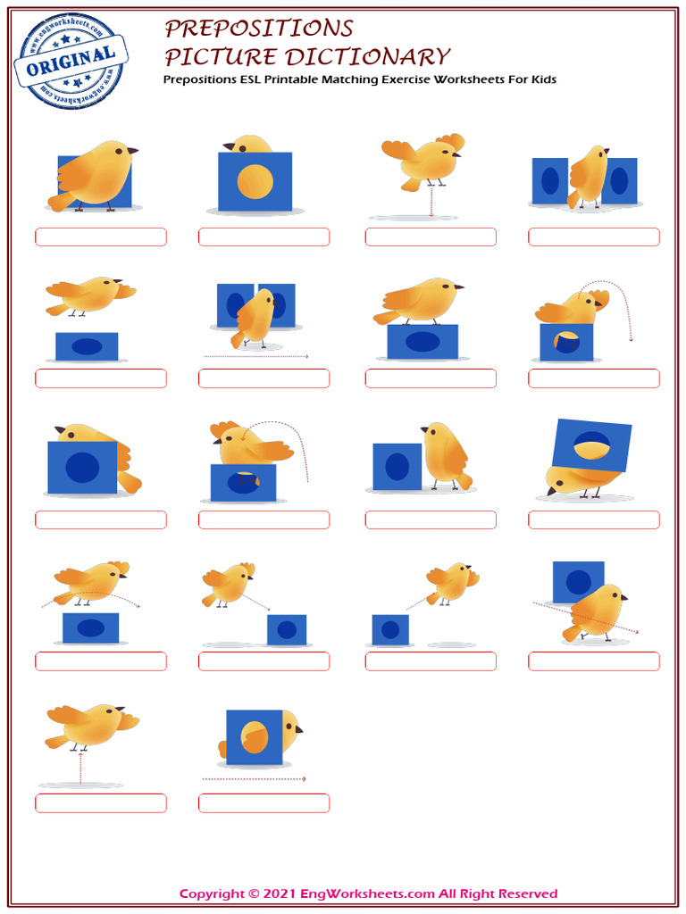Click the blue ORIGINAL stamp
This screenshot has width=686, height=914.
[71, 60]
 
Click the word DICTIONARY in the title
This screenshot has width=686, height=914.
[366, 57]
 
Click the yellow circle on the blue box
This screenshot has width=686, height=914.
[255, 181]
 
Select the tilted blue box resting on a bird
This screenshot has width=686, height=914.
[591, 445]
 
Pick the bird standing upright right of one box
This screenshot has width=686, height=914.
[447, 455]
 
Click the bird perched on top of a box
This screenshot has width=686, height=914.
[418, 301]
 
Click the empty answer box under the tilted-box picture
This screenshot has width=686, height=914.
[593, 519]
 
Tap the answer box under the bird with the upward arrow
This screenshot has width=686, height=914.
[100, 803]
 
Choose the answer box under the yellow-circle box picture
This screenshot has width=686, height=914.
[264, 237]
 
